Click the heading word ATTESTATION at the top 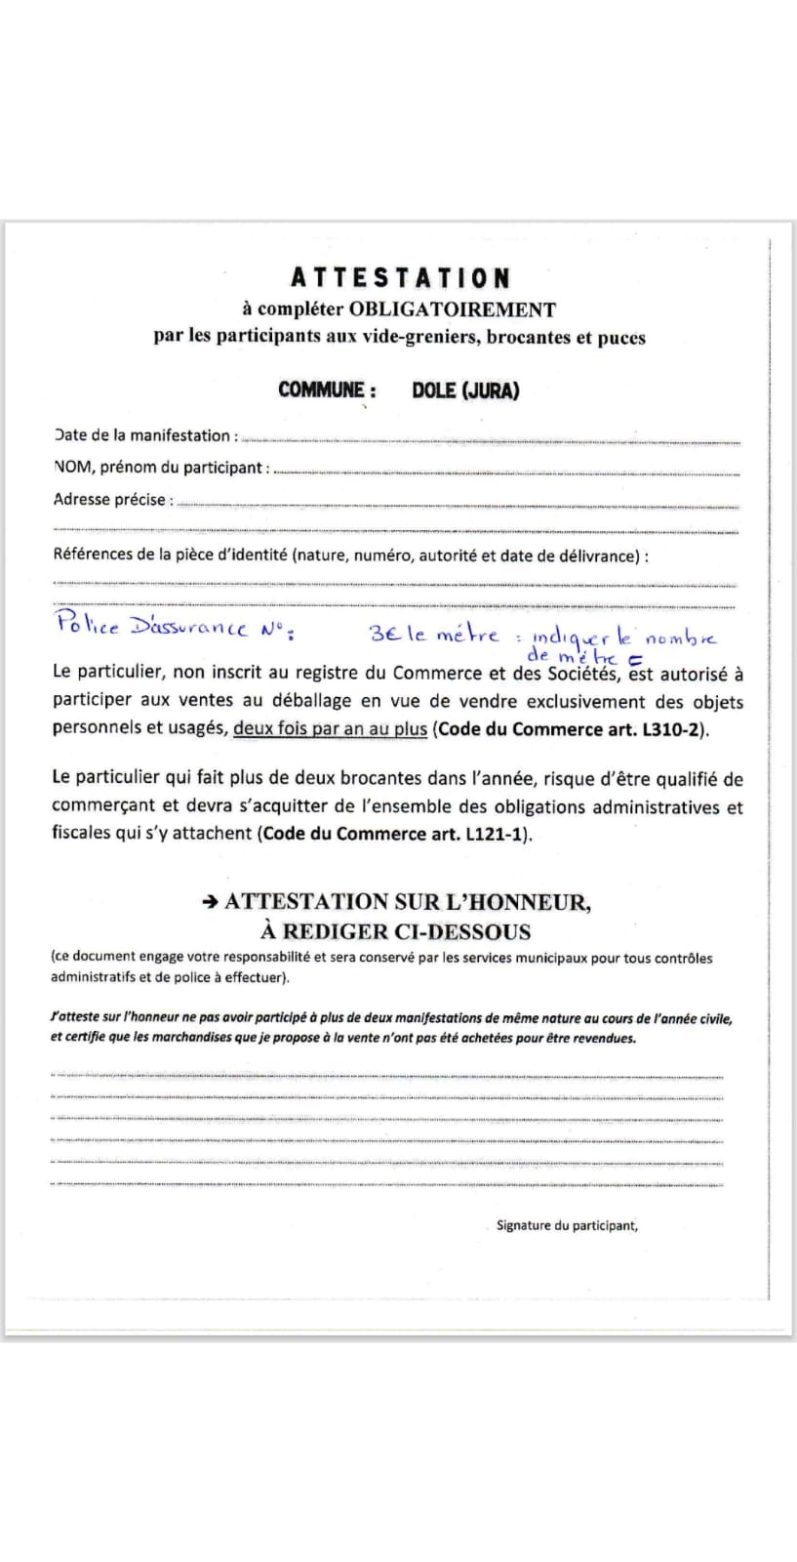coord(400,279)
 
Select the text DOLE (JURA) coord(465,390)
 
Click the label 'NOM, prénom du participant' coord(160,468)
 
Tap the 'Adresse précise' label coord(113,500)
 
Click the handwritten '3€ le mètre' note coord(434,635)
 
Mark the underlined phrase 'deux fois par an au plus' coord(331,729)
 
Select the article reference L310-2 coord(671,729)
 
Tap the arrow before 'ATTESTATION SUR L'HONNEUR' coord(210,903)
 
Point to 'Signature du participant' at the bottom coord(567,1225)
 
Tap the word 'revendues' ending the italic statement coord(601,1038)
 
